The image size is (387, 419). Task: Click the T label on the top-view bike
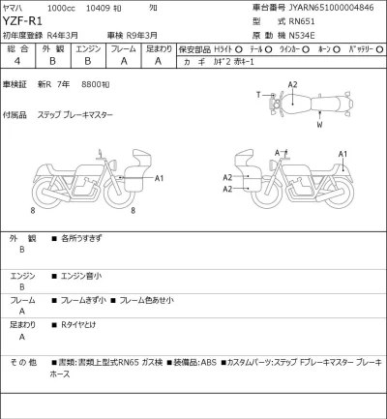pyautogui.click(x=258, y=94)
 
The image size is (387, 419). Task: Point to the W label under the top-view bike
pyautogui.click(x=319, y=124)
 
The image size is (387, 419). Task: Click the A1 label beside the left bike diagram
pyautogui.click(x=160, y=177)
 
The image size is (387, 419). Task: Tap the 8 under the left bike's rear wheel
pyautogui.click(x=33, y=209)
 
